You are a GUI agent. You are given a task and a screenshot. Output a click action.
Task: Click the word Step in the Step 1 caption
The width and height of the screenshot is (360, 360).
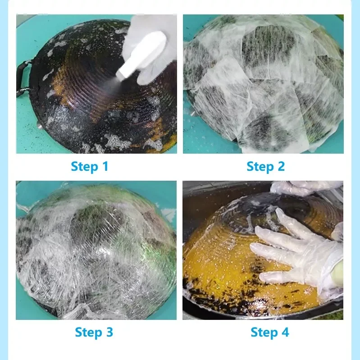(84, 167)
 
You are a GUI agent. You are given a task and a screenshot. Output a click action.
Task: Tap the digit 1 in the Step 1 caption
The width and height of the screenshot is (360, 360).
(105, 166)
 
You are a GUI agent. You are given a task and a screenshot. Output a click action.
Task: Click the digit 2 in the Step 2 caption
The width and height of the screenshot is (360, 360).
(281, 166)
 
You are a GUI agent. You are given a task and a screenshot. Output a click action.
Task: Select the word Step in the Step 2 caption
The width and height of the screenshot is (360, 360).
(260, 167)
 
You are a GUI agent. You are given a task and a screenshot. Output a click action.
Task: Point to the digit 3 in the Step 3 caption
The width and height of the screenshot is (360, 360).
(109, 332)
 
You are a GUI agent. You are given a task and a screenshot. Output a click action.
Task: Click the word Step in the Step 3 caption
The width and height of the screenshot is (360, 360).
(88, 333)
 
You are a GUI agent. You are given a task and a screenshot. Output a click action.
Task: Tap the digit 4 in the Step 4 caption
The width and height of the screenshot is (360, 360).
(285, 332)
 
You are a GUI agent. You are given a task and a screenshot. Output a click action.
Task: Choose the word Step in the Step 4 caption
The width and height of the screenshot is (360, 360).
(264, 333)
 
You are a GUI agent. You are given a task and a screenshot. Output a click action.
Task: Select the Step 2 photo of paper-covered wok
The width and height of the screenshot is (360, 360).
(263, 84)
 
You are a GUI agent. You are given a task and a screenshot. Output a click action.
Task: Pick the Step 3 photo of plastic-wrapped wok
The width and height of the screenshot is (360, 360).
(96, 250)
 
